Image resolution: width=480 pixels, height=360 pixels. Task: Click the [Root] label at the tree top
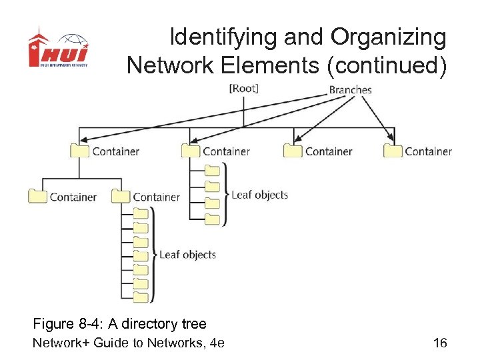pos(243,89)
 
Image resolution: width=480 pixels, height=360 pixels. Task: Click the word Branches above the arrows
pos(350,89)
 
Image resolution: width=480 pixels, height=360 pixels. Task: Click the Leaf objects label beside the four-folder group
pos(259,195)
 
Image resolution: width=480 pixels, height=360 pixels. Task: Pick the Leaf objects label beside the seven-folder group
pos(187,254)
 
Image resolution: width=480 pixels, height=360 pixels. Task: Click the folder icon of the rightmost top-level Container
pos(393,151)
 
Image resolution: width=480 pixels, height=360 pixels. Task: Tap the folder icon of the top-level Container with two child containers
pos(79,151)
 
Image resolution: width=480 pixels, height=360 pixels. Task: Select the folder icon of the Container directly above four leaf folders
pos(191,151)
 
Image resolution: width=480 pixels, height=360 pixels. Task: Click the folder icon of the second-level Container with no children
pos(37,196)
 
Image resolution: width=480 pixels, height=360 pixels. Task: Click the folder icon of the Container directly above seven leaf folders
pos(121,196)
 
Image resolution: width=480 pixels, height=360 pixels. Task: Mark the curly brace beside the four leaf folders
pos(225,195)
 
